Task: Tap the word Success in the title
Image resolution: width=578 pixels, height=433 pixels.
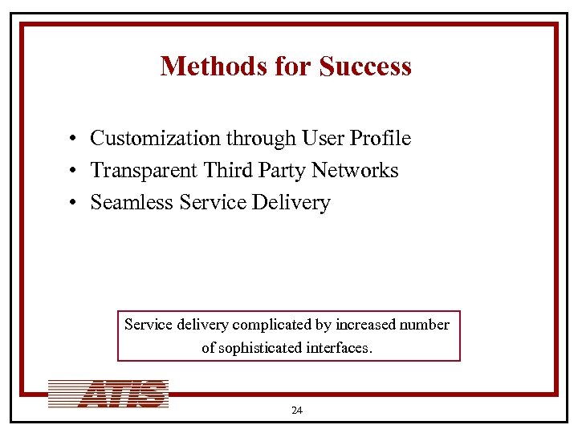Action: pyautogui.click(x=365, y=66)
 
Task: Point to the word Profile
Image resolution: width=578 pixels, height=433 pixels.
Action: pyautogui.click(x=381, y=139)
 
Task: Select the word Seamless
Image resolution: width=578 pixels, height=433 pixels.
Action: pyautogui.click(x=132, y=203)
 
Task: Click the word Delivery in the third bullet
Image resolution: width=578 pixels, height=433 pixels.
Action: pyautogui.click(x=291, y=203)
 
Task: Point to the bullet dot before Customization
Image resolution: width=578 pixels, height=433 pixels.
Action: pyautogui.click(x=72, y=140)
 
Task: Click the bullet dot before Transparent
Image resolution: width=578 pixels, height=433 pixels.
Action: pyautogui.click(x=72, y=172)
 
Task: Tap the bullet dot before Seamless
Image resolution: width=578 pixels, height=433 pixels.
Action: pyautogui.click(x=72, y=204)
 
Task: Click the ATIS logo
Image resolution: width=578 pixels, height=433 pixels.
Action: pyautogui.click(x=108, y=394)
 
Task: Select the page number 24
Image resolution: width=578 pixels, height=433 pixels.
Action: pyautogui.click(x=296, y=411)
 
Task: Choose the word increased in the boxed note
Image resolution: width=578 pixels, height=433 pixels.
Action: pyautogui.click(x=362, y=325)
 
